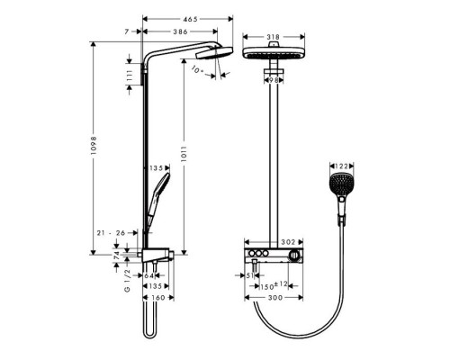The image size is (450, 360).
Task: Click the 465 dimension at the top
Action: pyautogui.click(x=188, y=17)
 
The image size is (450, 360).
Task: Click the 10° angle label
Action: pyautogui.click(x=197, y=66)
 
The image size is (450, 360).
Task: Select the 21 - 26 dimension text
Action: pyautogui.click(x=111, y=231)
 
